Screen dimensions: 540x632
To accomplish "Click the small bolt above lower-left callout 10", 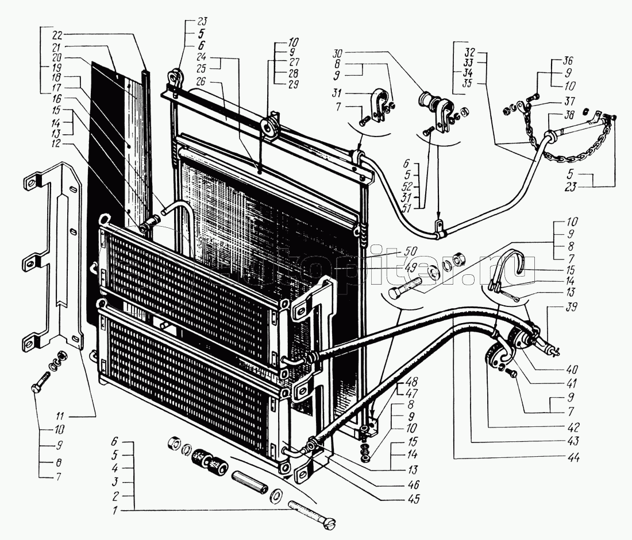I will click(x=43, y=382).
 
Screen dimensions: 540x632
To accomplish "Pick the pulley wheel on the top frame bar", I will click(x=269, y=127).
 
